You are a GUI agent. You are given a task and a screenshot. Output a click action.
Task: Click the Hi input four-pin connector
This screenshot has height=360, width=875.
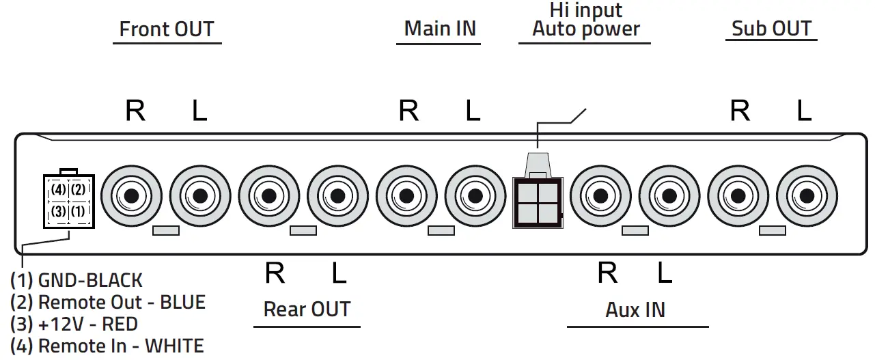[538, 202]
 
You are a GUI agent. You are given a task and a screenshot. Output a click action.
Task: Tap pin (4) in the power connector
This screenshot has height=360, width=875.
[59, 189]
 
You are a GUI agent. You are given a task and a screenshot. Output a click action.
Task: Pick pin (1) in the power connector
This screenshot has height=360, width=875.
[78, 211]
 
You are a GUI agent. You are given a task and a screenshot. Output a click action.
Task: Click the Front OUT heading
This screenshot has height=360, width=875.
[167, 29]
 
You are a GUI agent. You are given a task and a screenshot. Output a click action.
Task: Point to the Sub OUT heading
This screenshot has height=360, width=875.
[771, 29]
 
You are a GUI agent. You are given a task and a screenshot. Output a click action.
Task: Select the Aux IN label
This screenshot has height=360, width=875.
[635, 310]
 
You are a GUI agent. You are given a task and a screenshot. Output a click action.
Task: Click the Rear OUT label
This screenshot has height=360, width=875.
[307, 309]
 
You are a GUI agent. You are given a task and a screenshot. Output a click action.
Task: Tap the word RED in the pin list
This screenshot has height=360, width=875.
[120, 324]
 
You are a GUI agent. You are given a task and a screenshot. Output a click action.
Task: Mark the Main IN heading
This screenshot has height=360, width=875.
[440, 29]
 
